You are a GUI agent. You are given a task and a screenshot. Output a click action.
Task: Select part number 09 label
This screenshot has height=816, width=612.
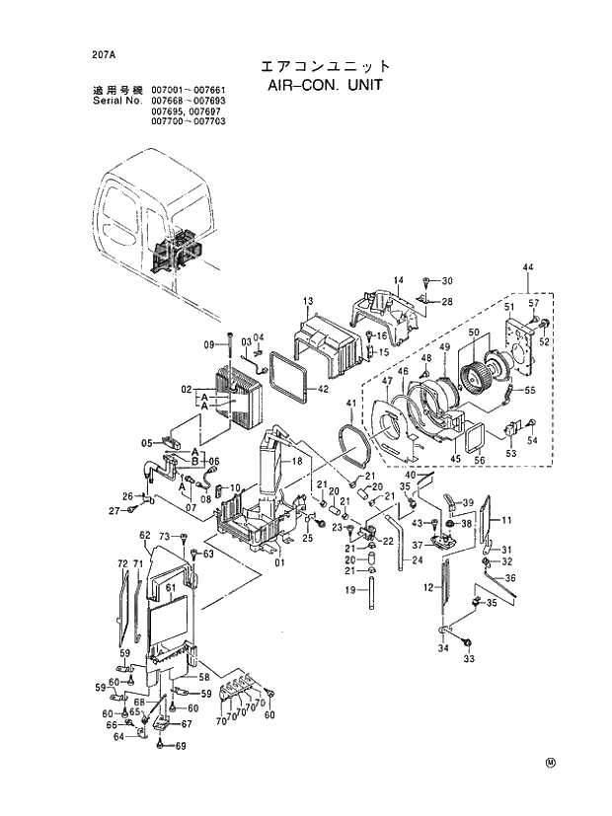click(209, 344)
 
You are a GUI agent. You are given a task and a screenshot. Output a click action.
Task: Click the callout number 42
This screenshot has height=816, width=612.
click(323, 389)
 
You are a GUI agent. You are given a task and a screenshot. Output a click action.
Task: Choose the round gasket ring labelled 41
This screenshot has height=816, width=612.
click(352, 437)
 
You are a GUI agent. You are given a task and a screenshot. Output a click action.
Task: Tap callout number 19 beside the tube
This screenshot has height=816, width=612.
click(348, 591)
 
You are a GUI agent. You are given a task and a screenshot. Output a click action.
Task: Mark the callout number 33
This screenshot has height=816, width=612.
click(469, 659)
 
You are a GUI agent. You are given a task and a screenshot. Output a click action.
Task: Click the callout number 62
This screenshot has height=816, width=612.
click(144, 535)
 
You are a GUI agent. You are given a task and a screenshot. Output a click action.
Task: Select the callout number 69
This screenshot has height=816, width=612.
click(181, 746)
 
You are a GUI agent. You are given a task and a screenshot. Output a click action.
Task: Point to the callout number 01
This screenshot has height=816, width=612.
click(279, 563)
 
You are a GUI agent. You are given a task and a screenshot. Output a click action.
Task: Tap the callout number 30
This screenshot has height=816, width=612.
click(446, 281)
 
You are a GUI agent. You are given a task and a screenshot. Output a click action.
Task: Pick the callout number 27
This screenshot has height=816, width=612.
click(114, 510)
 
